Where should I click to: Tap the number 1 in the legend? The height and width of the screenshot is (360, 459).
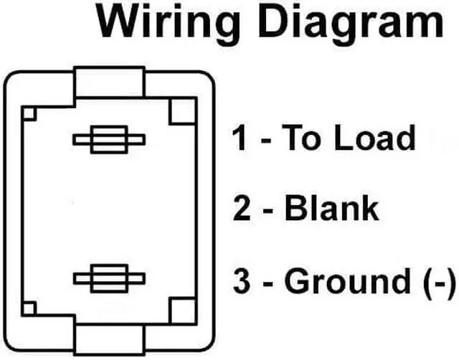click(240, 138)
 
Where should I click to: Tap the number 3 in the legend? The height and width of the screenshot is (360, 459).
click(242, 280)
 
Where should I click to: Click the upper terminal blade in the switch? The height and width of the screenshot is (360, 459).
click(109, 139)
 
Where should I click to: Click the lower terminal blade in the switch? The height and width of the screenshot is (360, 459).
click(109, 278)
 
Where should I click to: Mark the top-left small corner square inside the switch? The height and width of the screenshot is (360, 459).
click(29, 113)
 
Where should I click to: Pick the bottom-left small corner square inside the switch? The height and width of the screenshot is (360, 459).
click(29, 308)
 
